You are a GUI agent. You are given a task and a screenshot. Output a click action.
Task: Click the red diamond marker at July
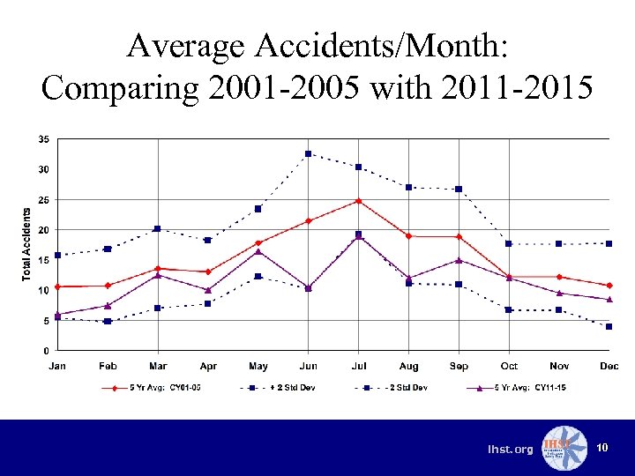tap(359, 201)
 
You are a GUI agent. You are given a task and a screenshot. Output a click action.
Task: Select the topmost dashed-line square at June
tap(309, 153)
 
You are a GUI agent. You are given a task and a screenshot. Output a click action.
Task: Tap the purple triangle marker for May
tap(258, 251)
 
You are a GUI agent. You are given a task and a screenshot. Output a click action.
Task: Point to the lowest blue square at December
tap(609, 326)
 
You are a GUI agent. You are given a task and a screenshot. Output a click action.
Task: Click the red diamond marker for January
tap(57, 286)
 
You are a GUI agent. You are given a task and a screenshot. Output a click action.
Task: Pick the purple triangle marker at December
tap(609, 300)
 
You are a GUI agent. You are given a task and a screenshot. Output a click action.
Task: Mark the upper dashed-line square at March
tap(158, 228)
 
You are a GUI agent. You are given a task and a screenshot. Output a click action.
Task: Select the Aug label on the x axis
tap(409, 366)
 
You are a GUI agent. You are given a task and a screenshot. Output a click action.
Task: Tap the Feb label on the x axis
tap(108, 366)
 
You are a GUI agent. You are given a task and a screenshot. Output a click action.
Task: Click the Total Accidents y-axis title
tap(26, 244)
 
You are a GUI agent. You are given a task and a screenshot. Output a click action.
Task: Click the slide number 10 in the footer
tap(602, 449)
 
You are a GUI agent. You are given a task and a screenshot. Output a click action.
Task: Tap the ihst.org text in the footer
tap(511, 450)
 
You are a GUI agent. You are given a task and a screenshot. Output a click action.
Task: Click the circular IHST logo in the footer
tap(564, 448)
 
